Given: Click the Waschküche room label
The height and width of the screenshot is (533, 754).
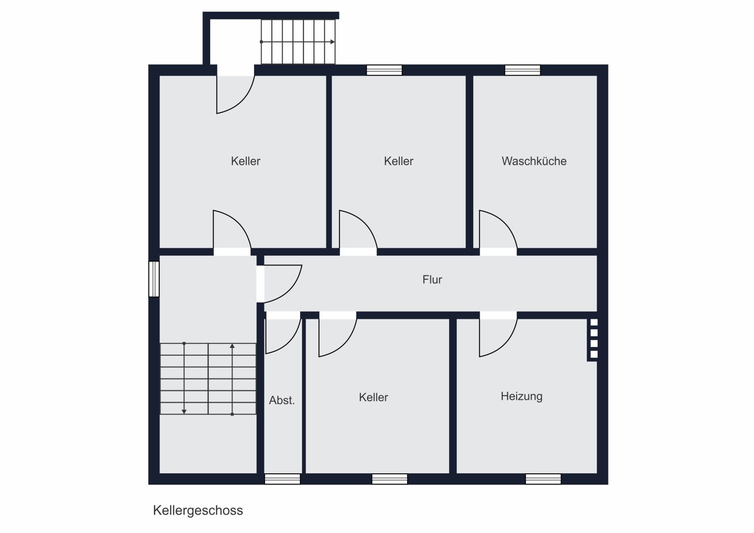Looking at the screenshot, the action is pos(534,161).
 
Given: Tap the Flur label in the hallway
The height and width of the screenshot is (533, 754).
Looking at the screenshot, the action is pos(432,279).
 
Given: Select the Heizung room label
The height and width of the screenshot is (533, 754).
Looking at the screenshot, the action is pos(522,396).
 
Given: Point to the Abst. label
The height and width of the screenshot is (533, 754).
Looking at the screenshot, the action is pos(282,400).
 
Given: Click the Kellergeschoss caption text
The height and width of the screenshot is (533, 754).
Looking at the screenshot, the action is pos(198,510).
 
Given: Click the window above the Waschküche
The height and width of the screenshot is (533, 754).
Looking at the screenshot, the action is pos(523,70).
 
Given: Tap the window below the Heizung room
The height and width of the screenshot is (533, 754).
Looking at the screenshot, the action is pos(543,479).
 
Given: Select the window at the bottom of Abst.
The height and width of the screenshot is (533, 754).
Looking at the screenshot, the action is pos(282,479).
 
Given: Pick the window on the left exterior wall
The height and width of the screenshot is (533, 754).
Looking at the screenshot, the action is pos(154,279).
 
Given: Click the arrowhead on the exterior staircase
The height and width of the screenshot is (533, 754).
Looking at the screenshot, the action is pos(333,42).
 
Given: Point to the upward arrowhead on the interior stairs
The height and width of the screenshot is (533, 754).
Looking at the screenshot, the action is pos(232,346).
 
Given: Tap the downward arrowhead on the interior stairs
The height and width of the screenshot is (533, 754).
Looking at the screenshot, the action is pos(184,412).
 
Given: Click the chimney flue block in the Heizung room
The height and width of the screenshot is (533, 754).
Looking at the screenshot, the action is pos(593,340).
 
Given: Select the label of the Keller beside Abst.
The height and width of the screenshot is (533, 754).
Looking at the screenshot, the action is pos(373,397).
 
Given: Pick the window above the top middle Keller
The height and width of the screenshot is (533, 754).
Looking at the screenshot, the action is pos(384,70).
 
